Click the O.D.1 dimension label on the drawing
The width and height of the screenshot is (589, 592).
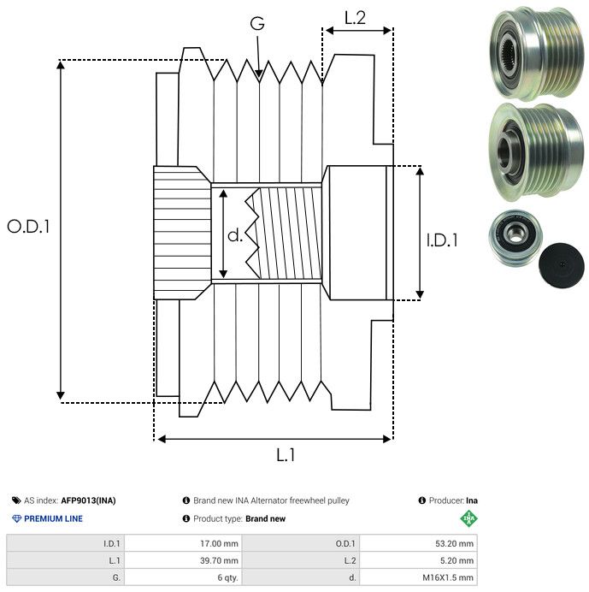pos(28,227)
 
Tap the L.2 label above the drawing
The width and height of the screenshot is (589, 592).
pos(355,18)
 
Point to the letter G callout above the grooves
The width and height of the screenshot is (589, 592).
pos(257,23)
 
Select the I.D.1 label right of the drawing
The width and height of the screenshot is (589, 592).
pos(442,240)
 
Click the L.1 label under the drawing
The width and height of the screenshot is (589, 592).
pos(286,455)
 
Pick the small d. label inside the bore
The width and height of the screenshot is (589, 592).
pos(235,235)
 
